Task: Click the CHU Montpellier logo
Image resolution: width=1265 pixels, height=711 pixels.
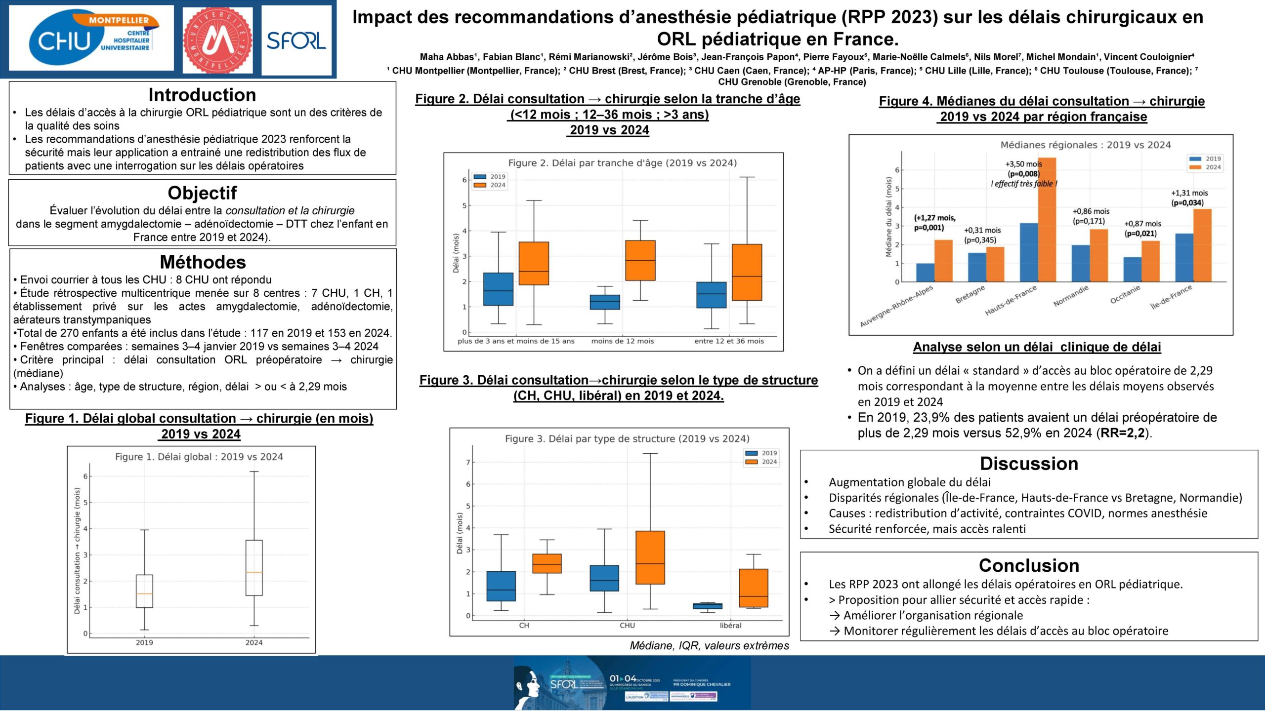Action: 92,39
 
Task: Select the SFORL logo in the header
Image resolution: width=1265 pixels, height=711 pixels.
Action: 296,40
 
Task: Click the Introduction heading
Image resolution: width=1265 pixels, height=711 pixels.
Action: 202,95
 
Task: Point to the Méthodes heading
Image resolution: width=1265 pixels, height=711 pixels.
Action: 203,262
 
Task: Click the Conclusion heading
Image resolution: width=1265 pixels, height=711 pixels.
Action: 1029,565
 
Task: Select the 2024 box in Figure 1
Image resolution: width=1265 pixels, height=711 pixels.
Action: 254,568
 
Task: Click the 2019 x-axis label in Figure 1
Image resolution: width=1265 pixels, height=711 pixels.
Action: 144,642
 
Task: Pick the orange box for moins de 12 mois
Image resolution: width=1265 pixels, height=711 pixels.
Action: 640,260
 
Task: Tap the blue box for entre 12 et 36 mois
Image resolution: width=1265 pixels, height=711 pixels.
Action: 712,295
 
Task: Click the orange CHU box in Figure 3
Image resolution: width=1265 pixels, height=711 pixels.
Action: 650,557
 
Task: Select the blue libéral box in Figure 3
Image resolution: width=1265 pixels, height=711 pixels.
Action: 708,606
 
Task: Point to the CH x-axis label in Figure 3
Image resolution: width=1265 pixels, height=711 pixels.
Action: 524,626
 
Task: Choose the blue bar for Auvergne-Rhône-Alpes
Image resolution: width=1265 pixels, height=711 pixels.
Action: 925,273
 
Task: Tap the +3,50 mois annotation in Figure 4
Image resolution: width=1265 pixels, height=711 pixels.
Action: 1023,164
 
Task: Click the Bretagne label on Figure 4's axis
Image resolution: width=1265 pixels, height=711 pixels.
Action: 970,294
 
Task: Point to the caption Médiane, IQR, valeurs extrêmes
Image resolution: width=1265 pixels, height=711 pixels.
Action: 709,645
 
